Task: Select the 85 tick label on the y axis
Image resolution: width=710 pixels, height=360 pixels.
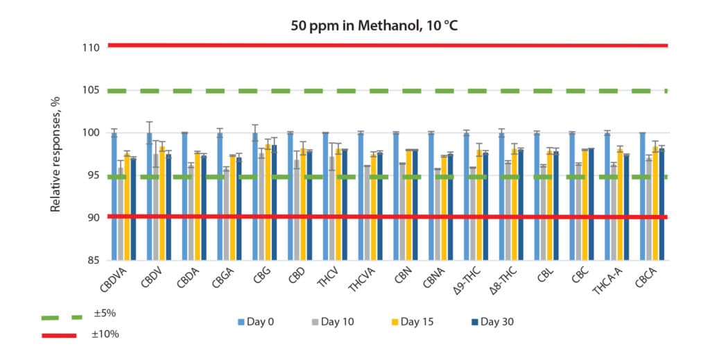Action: [95, 261]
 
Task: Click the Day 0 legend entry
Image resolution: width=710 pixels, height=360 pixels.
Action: [259, 322]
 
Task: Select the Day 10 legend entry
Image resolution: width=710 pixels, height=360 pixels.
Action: [334, 322]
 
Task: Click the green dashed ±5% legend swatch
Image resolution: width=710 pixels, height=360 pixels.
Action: [60, 317]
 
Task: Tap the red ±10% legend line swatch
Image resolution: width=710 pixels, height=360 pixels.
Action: [60, 335]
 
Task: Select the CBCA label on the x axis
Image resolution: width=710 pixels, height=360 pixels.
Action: [648, 281]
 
